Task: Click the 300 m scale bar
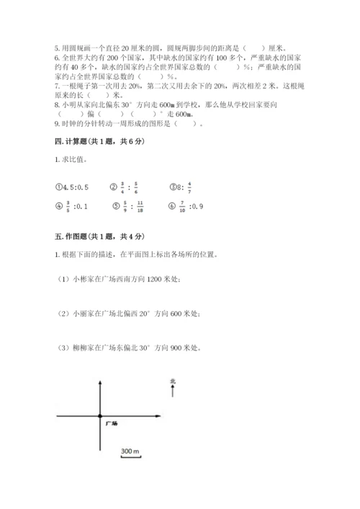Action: click(130, 452)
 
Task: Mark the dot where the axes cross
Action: click(97, 416)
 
